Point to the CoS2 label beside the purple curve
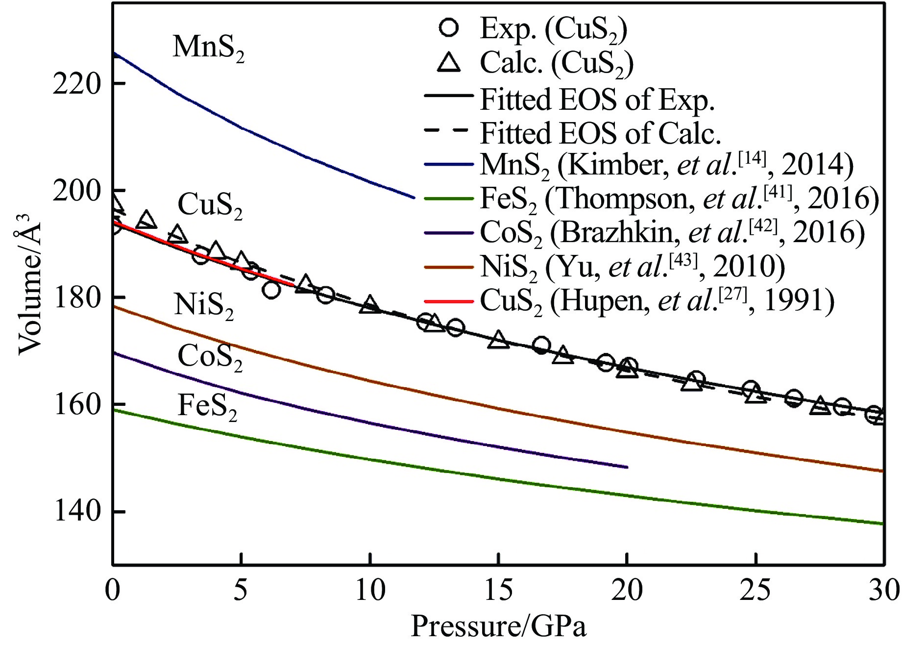210,357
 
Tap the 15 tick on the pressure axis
498,590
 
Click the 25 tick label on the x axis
756,590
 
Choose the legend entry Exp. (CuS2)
553,29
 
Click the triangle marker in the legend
449,63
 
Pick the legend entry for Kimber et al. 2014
666,165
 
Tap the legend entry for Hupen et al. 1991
657,300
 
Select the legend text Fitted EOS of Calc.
600,133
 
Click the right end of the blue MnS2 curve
414,198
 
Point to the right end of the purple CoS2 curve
627,467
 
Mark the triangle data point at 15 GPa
498,339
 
